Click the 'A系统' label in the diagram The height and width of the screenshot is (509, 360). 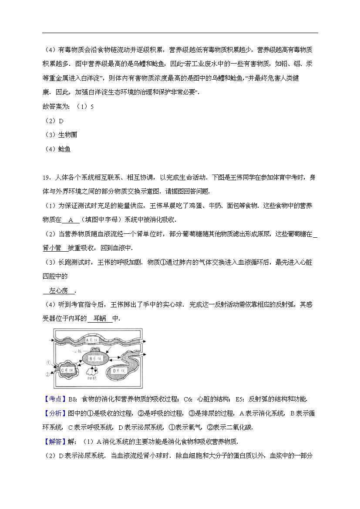[x=93, y=339]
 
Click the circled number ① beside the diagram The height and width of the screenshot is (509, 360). [x=47, y=362]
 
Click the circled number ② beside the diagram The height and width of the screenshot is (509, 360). [x=47, y=374]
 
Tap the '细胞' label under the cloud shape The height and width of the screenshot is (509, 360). [x=91, y=378]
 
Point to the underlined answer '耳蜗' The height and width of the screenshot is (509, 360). [x=100, y=319]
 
